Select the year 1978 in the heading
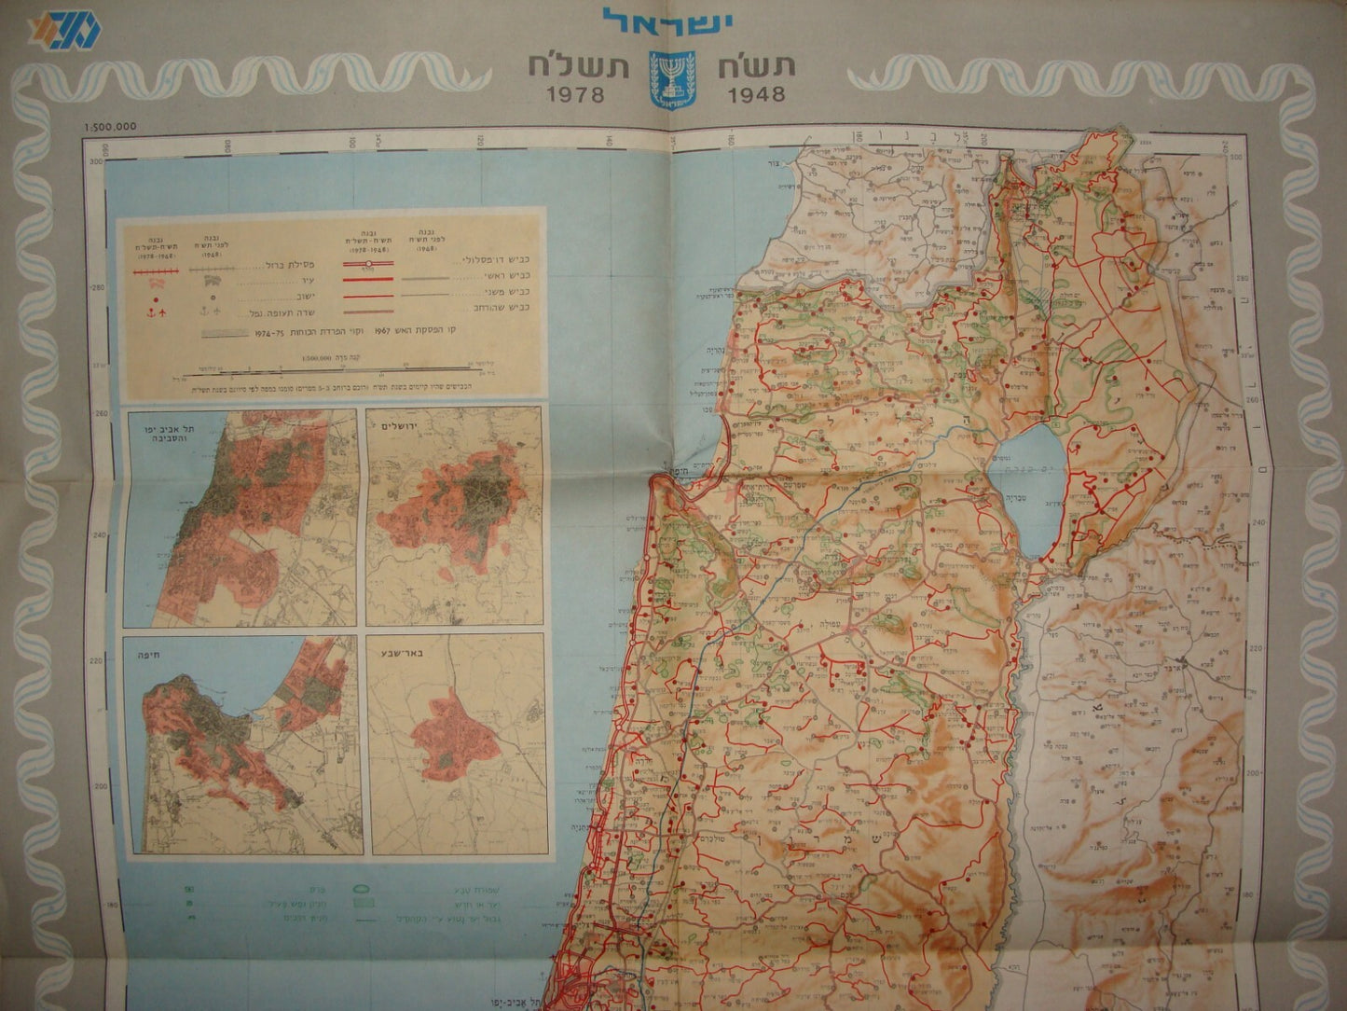tap(575, 94)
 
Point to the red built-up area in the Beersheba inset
tap(452, 737)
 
